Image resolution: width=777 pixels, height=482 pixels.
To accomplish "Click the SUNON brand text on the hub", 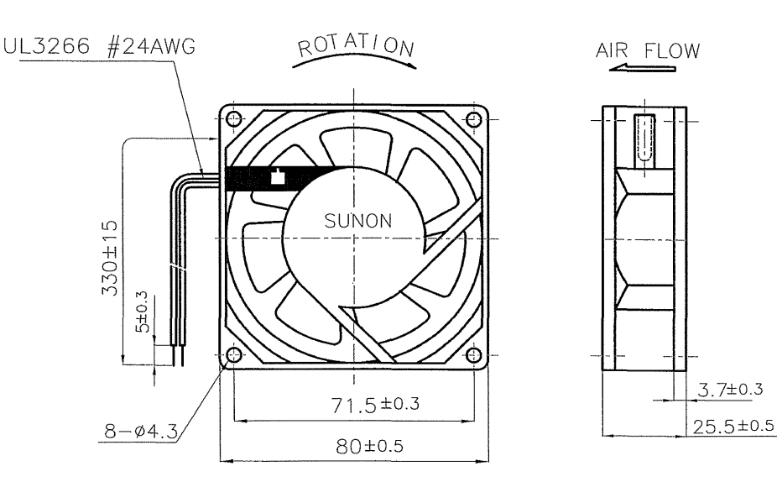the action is click(x=357, y=221).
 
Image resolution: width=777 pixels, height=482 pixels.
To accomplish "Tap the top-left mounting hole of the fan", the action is click(x=233, y=119).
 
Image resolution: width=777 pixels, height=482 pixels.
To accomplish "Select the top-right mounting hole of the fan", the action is click(x=474, y=119).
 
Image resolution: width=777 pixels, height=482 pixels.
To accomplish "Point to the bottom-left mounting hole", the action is click(x=233, y=355).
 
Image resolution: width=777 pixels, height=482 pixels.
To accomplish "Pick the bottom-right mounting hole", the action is click(x=474, y=355).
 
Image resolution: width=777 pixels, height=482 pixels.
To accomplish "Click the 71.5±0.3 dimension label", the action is click(x=375, y=404).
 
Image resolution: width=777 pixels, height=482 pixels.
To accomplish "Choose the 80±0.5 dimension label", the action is click(x=370, y=446).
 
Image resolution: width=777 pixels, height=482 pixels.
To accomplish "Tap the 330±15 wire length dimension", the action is click(x=110, y=259).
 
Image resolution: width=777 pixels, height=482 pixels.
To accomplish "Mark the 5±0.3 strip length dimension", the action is click(x=142, y=312).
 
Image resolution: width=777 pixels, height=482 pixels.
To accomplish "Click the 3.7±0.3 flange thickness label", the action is click(x=730, y=390).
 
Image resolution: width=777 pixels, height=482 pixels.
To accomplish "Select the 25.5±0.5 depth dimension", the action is click(x=733, y=426).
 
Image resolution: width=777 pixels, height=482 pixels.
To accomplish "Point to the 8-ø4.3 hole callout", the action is click(x=141, y=431).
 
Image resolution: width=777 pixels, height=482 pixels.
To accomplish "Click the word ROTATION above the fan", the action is click(x=355, y=45).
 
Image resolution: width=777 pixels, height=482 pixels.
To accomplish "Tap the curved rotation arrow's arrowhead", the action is click(x=410, y=64).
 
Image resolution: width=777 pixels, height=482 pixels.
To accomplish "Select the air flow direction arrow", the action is click(x=642, y=68).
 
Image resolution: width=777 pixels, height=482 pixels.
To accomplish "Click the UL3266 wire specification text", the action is click(x=47, y=46).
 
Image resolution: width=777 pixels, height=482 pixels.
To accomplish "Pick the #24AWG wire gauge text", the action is click(x=151, y=46).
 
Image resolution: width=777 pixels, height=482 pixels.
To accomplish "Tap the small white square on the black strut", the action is click(x=278, y=177).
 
